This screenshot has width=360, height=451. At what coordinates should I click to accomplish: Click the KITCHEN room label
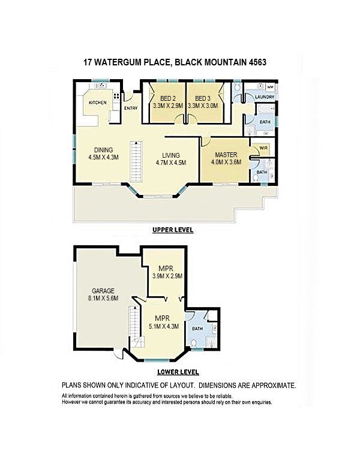(98, 103)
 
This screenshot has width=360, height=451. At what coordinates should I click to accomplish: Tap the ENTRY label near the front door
(131, 108)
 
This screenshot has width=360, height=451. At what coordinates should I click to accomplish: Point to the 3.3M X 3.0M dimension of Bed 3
(203, 106)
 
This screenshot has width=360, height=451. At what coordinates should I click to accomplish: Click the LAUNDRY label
(265, 97)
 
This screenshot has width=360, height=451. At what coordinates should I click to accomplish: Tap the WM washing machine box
(270, 87)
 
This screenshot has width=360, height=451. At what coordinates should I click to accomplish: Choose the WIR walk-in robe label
(263, 148)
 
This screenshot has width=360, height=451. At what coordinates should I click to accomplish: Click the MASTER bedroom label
(226, 155)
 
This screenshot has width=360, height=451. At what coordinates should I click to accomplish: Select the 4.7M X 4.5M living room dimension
(171, 163)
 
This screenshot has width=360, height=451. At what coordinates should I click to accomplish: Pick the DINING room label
(104, 150)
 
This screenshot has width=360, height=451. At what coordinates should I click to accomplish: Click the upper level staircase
(136, 161)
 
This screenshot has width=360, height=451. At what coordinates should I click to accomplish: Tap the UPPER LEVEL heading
(173, 230)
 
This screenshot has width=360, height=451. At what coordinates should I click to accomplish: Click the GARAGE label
(103, 291)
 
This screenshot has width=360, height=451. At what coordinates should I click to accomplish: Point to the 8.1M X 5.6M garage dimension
(103, 298)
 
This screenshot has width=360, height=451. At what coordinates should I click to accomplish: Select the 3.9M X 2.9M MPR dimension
(167, 276)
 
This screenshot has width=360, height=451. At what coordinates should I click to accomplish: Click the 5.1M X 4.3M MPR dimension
(164, 326)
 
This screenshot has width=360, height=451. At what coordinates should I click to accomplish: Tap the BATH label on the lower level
(197, 329)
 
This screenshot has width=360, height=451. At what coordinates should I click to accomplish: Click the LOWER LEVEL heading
(178, 372)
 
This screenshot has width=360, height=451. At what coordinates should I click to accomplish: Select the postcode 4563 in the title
(257, 62)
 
